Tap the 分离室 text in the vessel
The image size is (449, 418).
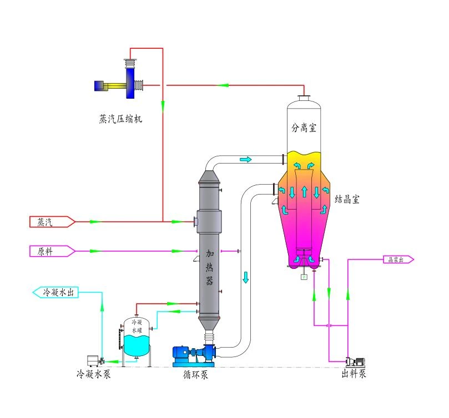[304, 127]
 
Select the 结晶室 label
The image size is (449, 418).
[347, 200]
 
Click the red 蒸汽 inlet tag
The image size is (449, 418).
[51, 222]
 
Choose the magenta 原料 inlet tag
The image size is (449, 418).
[51, 251]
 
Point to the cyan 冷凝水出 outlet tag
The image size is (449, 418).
[56, 292]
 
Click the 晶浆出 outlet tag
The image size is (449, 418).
[397, 259]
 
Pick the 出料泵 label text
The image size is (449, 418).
[354, 374]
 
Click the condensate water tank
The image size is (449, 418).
[136, 338]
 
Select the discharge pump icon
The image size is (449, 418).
[355, 361]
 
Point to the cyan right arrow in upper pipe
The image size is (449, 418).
[245, 160]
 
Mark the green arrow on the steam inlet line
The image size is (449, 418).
[95, 222]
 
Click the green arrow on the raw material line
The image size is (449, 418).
[95, 251]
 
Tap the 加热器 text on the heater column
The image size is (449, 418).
[210, 267]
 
